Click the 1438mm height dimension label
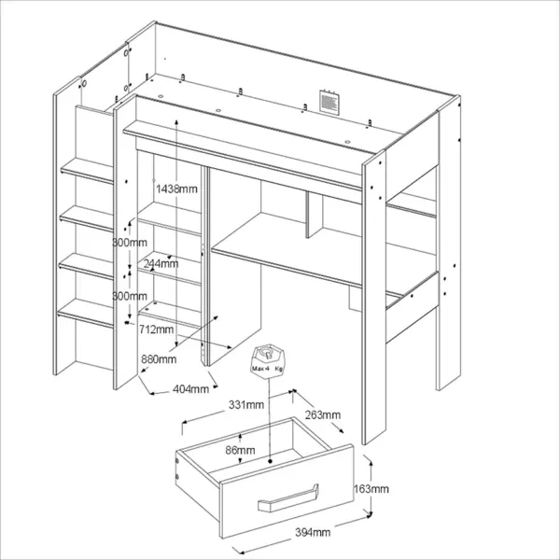pos(176,189)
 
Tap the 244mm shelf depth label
pos(161,263)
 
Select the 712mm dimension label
pos(157,329)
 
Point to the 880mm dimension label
pos(159,359)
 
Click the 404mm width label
pos(190,388)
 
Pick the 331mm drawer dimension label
pos(246,405)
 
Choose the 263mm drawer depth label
pos(323,414)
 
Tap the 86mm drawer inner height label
pos(240,451)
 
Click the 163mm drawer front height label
pos(371,488)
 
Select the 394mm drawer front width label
pos(313,533)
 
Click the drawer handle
pos(287,498)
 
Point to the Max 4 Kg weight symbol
pos(268,359)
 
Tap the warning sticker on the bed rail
pos(328,102)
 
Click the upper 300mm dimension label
pos(130,243)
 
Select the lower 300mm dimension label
pos(130,296)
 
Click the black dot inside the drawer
pos(270,461)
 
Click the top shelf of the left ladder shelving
pos(87,171)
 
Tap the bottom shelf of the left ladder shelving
pos(86,314)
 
